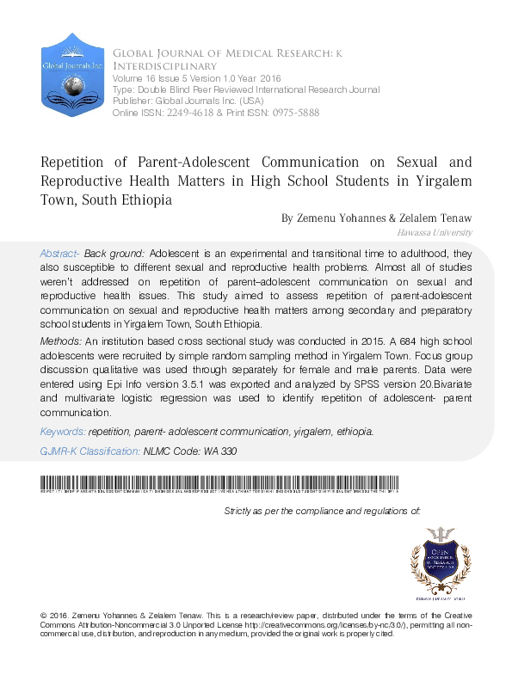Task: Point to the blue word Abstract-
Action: pyautogui.click(x=59, y=255)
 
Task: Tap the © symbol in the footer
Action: pyautogui.click(x=44, y=617)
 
